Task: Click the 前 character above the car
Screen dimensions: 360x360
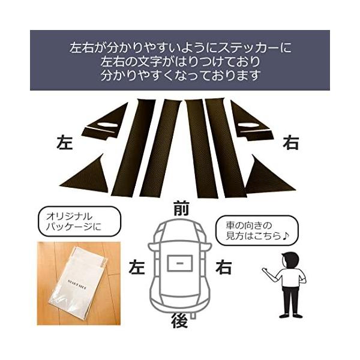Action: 179,209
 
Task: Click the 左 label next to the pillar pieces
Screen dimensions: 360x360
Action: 64,143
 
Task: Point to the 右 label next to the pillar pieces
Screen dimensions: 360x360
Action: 291,143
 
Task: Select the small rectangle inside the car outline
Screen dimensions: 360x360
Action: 180,263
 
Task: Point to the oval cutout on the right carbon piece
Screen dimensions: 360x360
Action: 247,125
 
